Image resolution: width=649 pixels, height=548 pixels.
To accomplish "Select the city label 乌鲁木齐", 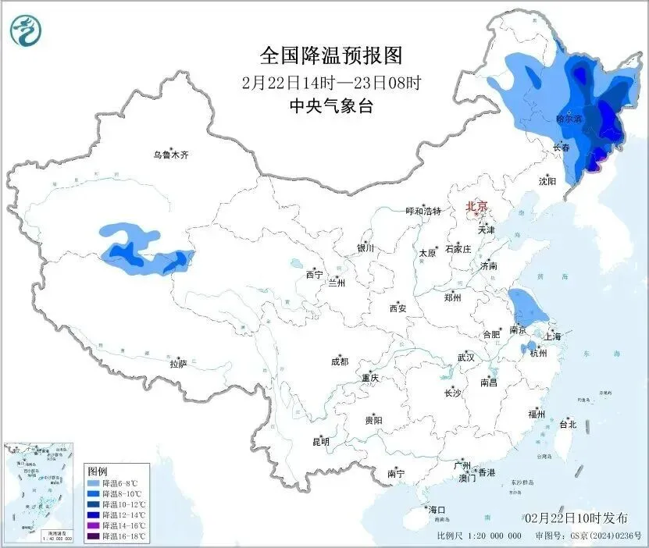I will (x=171, y=155).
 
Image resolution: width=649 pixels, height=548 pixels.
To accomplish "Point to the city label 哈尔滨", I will (x=568, y=119).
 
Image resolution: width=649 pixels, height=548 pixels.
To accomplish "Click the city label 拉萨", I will (x=178, y=363).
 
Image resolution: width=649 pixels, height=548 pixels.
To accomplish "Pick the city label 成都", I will (x=340, y=361).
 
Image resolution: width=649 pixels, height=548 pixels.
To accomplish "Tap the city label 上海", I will (x=553, y=336).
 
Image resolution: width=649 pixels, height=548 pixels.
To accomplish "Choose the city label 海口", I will (x=437, y=510).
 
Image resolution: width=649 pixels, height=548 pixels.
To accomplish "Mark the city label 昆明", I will (x=320, y=442).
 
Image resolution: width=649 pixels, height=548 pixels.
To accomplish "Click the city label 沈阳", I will (x=547, y=181).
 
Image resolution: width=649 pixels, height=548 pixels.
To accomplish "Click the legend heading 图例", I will (x=97, y=471).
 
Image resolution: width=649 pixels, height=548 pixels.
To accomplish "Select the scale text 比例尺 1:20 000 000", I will (x=479, y=536).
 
